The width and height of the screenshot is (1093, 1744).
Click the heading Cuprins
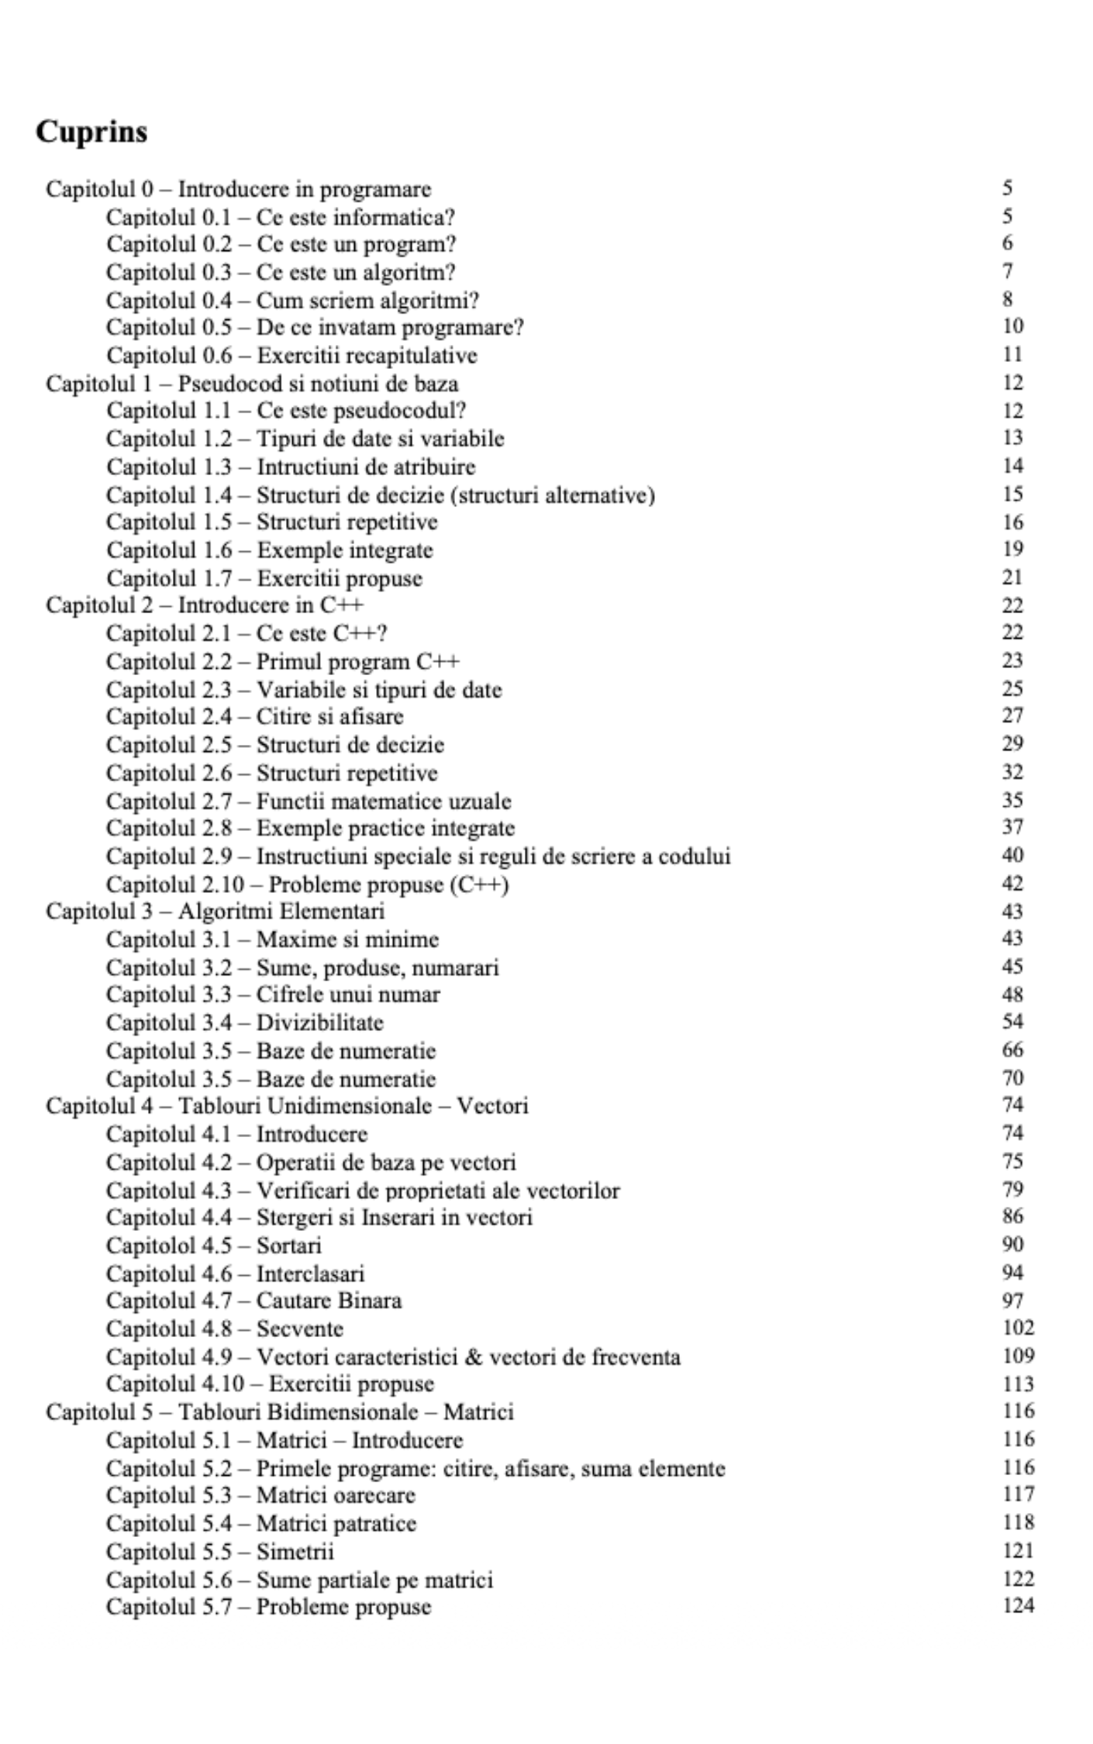91,132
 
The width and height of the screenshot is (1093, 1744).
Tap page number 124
1018,1605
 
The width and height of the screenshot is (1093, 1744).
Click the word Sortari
288,1245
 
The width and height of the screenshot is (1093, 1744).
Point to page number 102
1018,1328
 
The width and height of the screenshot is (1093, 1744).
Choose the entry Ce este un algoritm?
356,272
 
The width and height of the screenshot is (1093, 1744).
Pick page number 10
1012,326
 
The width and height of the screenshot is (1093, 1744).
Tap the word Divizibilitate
319,1022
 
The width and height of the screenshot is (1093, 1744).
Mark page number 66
1012,1050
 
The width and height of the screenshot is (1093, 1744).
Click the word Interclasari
310,1273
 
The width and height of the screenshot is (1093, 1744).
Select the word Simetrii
295,1551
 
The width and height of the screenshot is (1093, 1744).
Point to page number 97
1012,1301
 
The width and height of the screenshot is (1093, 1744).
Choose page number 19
1012,549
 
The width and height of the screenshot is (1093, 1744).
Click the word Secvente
299,1329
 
